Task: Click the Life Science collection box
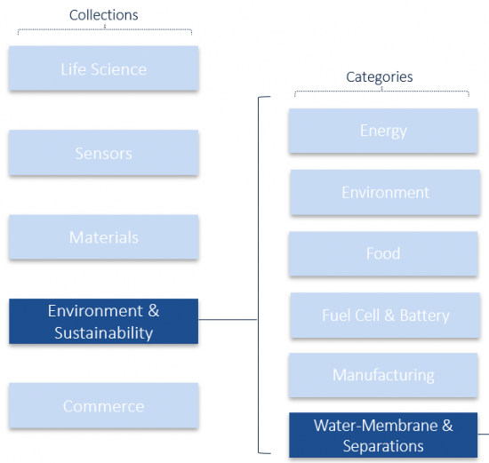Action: pos(103,68)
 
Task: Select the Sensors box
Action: pos(103,153)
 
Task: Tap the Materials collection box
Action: pos(103,236)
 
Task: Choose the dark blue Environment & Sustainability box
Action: pos(103,321)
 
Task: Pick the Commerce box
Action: pos(103,405)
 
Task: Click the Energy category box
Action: pos(383,131)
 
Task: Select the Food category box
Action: pos(383,253)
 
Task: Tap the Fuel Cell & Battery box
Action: pos(385,315)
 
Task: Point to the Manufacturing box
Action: pos(383,375)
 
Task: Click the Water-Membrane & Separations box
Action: pos(383,435)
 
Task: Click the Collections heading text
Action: pos(103,15)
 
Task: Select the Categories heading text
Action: pos(380,77)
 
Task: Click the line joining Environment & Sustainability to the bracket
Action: pos(228,319)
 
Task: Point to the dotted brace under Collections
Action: pos(105,29)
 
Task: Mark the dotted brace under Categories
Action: pos(381,92)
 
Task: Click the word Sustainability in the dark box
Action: pos(103,333)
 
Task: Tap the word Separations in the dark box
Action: pos(383,446)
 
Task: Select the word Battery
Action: pos(424,315)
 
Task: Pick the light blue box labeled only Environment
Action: pos(385,192)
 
